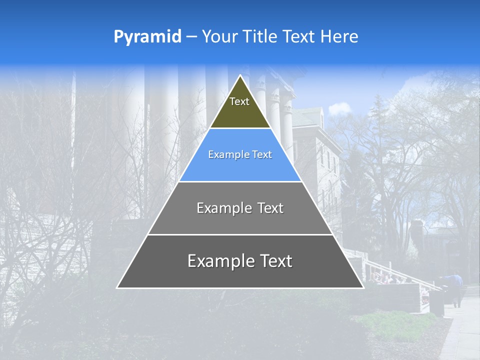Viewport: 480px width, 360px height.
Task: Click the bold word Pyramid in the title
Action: [147, 36]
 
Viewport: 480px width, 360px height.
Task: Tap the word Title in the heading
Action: [261, 36]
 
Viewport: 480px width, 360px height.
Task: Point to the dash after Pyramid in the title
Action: [191, 37]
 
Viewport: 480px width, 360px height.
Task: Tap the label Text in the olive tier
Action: [239, 101]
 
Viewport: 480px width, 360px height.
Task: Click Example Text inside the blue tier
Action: [240, 154]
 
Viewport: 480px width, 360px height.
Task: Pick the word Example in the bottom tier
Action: [220, 261]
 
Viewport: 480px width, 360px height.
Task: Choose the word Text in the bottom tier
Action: [275, 261]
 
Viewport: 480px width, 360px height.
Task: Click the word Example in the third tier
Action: [222, 208]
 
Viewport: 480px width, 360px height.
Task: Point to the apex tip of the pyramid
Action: [240, 76]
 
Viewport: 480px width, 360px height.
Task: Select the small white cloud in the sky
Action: [339, 108]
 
